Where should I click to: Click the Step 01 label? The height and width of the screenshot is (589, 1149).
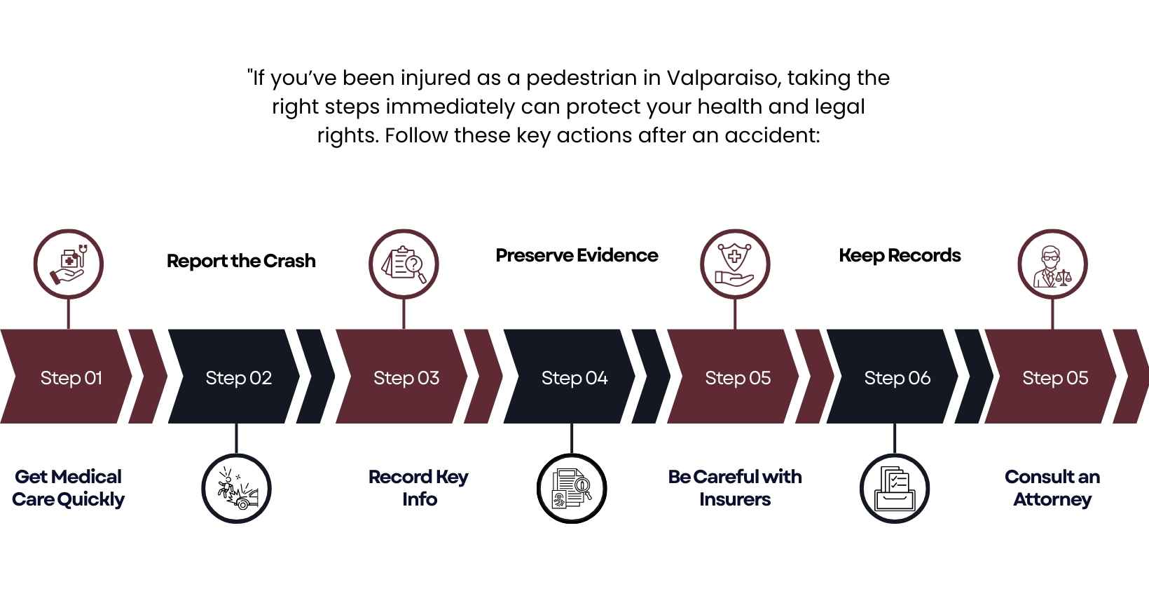coord(71,378)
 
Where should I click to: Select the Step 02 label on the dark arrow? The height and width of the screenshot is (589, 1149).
coord(238,378)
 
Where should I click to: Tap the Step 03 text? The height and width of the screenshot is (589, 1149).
coord(406,378)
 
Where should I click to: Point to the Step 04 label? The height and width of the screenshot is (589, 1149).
coord(574,378)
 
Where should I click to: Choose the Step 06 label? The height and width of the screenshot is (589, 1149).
coord(897,378)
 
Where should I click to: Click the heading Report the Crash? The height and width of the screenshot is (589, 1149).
coord(241,261)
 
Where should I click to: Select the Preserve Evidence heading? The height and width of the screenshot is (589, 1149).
coord(577,255)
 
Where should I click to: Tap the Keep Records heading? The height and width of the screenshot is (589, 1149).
coord(900,255)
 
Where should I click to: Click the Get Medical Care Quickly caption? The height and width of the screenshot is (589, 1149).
coord(68,488)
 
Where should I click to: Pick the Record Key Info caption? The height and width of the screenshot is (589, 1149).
coord(418,488)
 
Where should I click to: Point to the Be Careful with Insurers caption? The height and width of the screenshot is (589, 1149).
coord(735,488)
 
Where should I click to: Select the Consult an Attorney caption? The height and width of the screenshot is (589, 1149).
coord(1052,488)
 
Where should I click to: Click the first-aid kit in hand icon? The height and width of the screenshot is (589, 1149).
coord(69,264)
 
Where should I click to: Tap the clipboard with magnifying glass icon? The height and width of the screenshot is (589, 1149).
coord(404,264)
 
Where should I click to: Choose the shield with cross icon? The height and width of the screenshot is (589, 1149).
coord(735,264)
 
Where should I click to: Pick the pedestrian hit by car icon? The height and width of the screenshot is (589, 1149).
coord(237,488)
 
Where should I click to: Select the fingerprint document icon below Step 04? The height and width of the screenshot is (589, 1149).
coord(572,488)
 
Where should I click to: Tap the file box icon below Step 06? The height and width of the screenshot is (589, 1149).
coord(895,488)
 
